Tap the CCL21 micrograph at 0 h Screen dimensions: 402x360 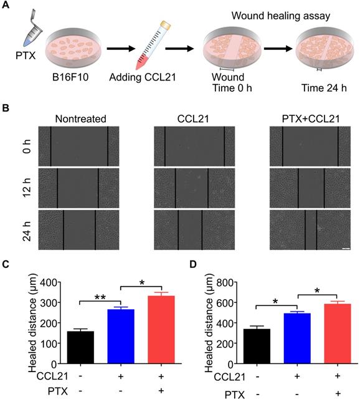[x=195, y=145]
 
